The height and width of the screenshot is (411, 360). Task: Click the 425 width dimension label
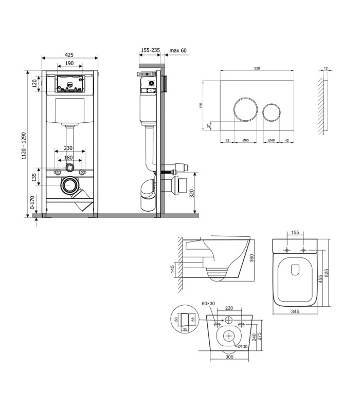click(69, 55)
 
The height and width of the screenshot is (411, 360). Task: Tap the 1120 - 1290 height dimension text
click(24, 146)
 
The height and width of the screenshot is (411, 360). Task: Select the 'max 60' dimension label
click(178, 50)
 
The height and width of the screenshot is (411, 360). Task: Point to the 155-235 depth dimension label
click(150, 50)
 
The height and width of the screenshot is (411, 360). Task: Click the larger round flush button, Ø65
click(245, 109)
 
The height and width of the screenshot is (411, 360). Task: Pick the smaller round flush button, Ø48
click(272, 113)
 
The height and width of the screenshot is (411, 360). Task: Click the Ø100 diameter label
click(242, 346)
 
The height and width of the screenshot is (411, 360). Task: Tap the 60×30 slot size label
click(208, 304)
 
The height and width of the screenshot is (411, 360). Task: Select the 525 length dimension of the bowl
click(327, 273)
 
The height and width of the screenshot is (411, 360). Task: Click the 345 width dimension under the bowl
click(295, 311)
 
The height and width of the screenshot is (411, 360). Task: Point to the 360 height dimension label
click(251, 258)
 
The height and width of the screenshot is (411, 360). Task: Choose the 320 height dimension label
click(192, 194)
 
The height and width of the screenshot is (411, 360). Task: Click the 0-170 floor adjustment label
click(32, 202)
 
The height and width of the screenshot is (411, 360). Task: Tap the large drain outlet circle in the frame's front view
click(69, 185)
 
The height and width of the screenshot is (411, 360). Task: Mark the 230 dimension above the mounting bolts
click(68, 148)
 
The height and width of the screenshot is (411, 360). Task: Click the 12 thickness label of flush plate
click(326, 68)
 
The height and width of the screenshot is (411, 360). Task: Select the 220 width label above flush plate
click(257, 68)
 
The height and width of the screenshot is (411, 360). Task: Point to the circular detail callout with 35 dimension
click(184, 319)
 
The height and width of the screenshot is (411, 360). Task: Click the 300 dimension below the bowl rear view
click(229, 357)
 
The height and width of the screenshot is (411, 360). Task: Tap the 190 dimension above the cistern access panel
click(69, 63)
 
